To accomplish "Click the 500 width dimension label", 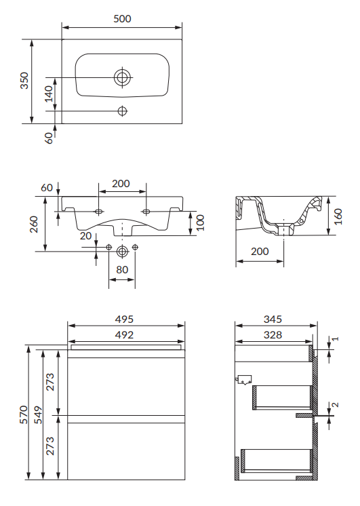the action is coord(122,19).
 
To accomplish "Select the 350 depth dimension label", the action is coord(24,81).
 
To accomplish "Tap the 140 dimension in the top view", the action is coord(49,94).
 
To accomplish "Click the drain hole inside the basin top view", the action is coord(122,77).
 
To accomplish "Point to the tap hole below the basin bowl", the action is coord(122,111).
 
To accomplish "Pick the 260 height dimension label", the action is coord(34,225).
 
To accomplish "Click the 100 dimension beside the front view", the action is coord(200,222).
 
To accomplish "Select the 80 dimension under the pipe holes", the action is coord(122,269).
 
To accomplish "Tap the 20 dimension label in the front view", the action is coord(86,236).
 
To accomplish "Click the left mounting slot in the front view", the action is coord(99,212).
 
